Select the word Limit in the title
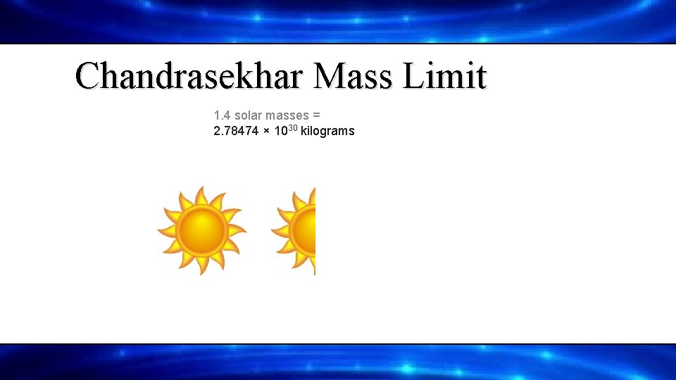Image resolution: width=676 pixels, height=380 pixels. tap(445, 75)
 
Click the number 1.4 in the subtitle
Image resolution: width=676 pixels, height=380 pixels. tap(222, 115)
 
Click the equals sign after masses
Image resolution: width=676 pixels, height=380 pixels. tap(317, 115)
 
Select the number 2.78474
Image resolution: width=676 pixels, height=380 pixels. tap(236, 131)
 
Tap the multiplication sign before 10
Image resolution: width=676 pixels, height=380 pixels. tap(268, 131)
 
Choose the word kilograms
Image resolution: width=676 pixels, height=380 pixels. tap(327, 131)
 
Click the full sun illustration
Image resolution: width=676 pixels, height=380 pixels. tap(201, 230)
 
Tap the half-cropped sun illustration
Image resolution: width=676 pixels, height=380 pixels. tap(294, 231)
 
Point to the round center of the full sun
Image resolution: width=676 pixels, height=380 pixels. tap(201, 230)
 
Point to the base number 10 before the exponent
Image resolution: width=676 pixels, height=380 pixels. tap(281, 131)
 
